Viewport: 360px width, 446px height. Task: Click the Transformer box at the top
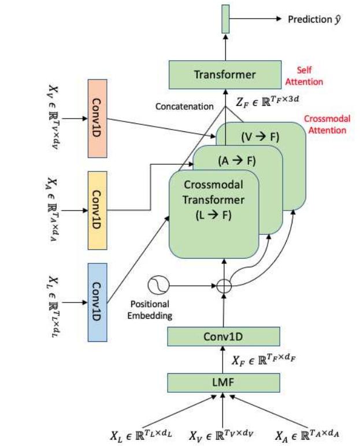(225, 75)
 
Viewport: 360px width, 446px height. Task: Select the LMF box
(224, 382)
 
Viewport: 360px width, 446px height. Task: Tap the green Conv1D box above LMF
(224, 336)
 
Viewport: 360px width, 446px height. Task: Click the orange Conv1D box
(98, 117)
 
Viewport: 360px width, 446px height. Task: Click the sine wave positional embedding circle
(158, 285)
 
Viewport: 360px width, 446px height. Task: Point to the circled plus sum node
(224, 286)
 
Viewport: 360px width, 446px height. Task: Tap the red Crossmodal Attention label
(325, 125)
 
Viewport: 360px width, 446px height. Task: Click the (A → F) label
(237, 161)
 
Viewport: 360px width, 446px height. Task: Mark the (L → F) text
(212, 214)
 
